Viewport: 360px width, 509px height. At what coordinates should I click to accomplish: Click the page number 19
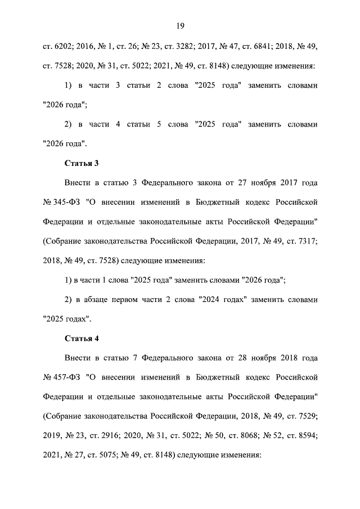click(180, 26)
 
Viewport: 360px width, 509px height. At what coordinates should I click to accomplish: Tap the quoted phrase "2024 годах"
click(223, 299)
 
